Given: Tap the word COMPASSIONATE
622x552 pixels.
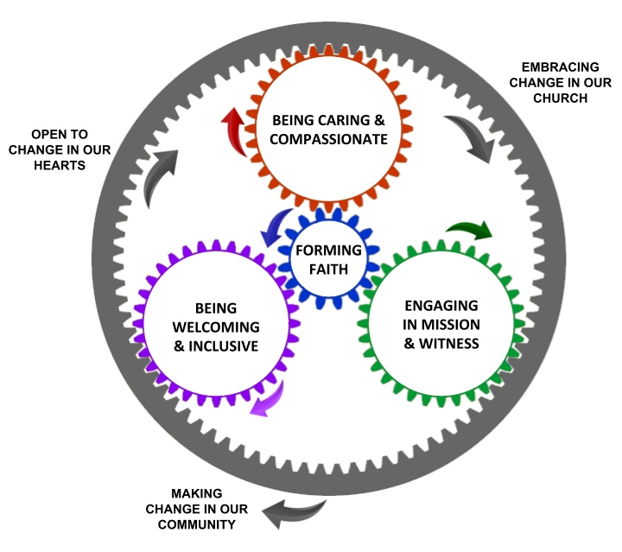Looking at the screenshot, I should click(x=330, y=139).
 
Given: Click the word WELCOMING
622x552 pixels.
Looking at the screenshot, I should click(x=216, y=327).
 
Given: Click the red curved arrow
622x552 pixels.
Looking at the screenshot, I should click(x=233, y=130).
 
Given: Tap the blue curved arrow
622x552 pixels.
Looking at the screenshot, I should click(x=276, y=227).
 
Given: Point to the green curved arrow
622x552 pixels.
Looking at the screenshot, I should click(x=468, y=231).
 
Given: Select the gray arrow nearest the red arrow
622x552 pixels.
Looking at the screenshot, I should click(x=162, y=178).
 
